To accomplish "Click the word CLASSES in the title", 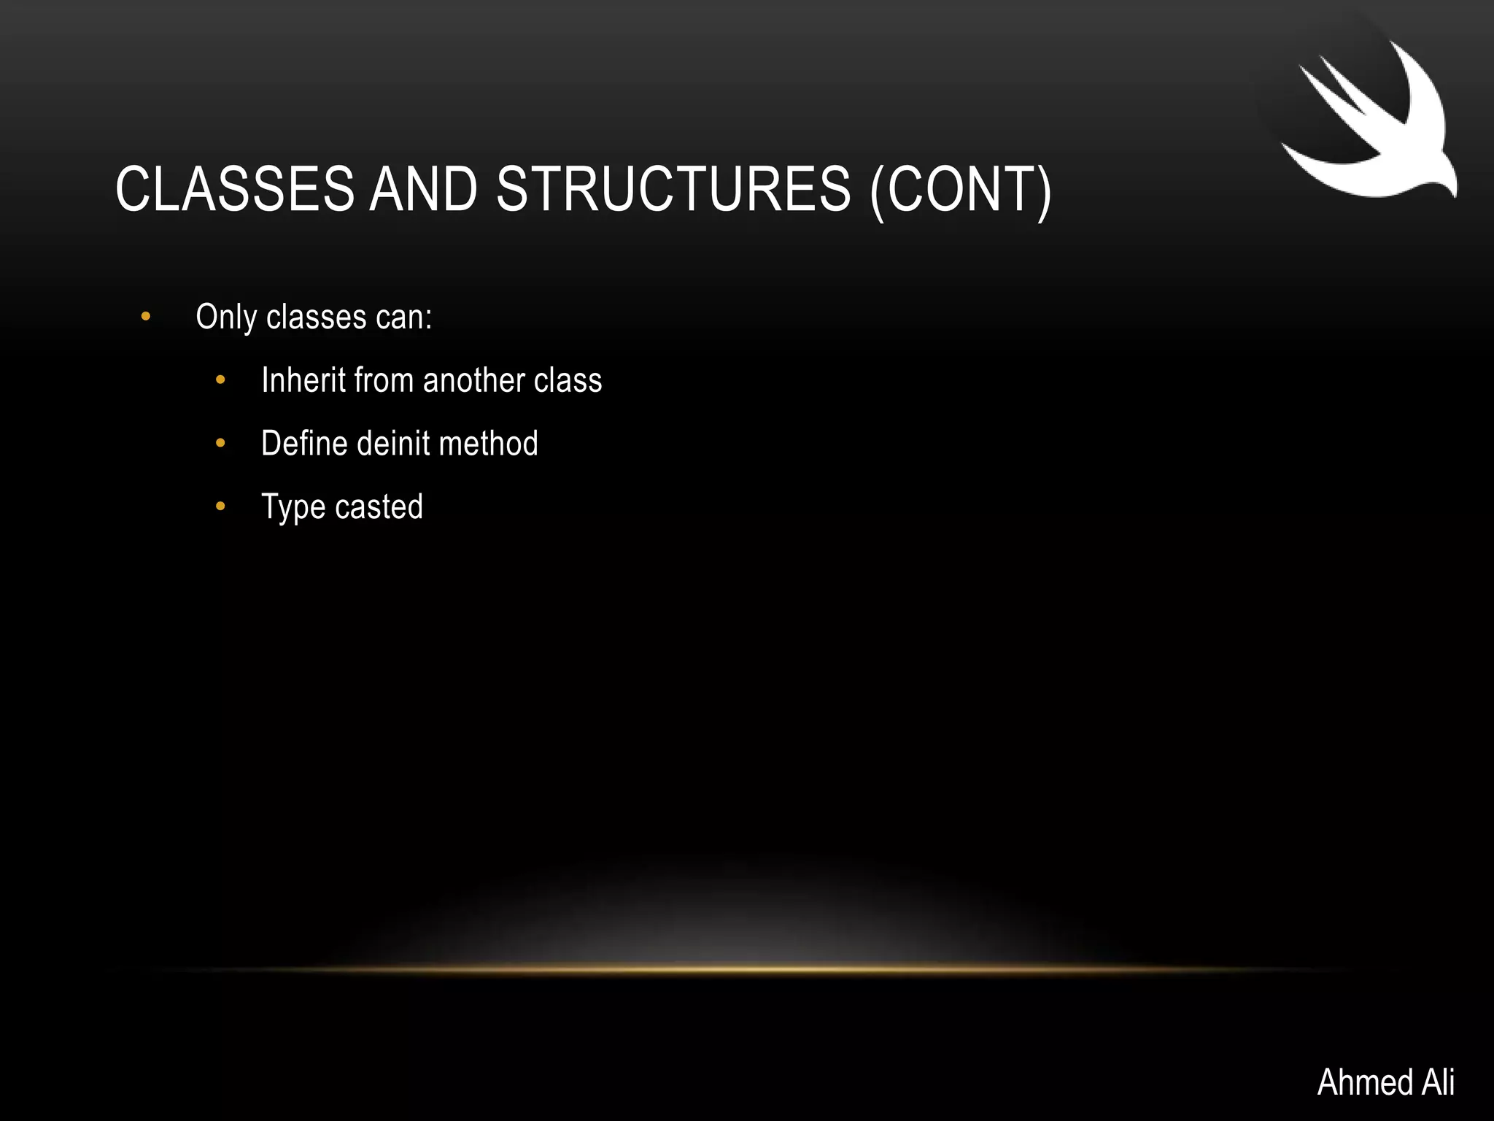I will click(234, 189).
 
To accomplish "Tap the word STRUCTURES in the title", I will click(673, 189).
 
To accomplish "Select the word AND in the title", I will click(424, 189).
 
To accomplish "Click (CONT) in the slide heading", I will click(961, 190).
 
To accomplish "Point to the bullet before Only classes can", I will click(146, 317).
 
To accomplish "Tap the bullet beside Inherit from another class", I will click(220, 380).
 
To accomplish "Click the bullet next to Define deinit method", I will click(220, 443).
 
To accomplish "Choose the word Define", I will click(304, 444).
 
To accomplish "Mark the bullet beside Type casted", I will click(220, 506).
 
